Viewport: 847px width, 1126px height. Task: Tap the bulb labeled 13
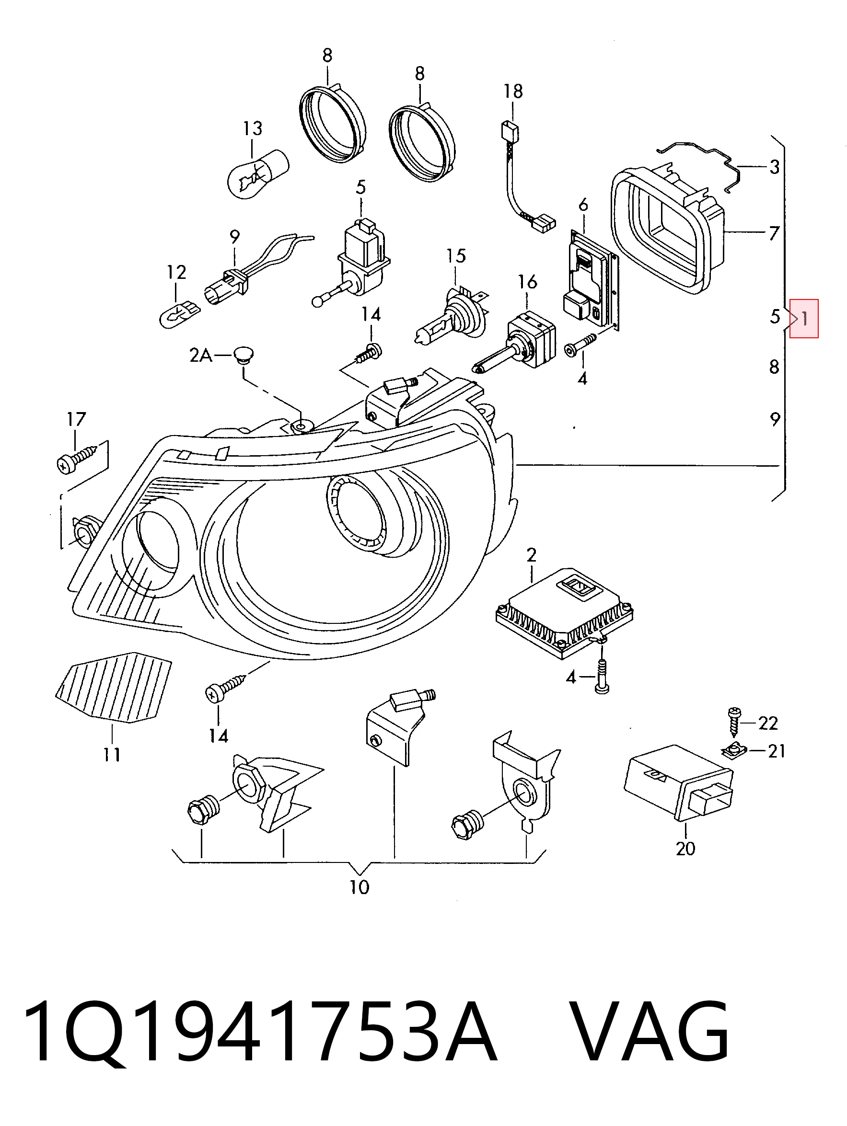point(258,173)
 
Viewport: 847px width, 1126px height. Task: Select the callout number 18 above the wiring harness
point(513,91)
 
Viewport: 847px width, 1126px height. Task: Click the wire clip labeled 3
point(700,163)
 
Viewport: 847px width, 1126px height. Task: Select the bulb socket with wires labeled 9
point(255,272)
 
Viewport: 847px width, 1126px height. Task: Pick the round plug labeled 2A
point(245,356)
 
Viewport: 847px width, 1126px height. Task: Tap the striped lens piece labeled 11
point(113,687)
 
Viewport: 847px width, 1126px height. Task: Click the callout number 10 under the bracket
point(359,887)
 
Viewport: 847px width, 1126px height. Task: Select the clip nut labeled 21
point(732,750)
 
